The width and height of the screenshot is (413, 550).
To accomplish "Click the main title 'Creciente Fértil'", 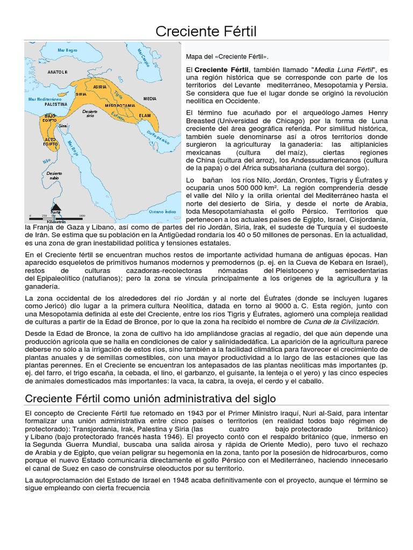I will [x=206, y=32].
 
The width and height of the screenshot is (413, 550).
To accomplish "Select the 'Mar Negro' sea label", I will [x=68, y=50].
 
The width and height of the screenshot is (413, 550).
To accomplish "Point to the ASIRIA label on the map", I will [x=99, y=86].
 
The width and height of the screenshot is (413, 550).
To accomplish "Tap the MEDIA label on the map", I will [x=150, y=99].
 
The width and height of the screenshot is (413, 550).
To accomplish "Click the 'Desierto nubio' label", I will [x=54, y=175].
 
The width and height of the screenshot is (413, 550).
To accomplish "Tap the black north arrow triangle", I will [x=55, y=207].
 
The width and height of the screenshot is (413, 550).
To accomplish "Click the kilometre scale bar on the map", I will [x=56, y=218].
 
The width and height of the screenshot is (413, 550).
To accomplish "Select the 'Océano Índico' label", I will [x=162, y=212].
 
